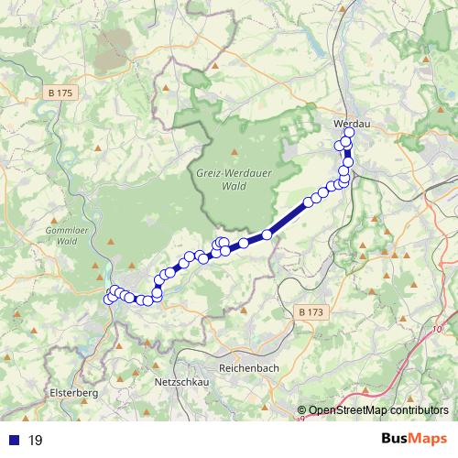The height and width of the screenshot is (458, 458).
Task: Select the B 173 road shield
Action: pos(311,312)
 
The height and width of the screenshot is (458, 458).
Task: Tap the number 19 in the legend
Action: pos(36,441)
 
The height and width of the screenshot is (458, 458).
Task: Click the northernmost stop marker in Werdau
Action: pos(349,133)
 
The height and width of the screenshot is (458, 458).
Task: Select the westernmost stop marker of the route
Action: pos(108,299)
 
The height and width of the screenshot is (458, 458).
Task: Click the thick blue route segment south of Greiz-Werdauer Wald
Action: pos(288,220)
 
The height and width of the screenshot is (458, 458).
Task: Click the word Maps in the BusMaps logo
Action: pos(427,440)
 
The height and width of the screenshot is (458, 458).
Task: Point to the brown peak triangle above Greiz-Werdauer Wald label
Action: pos(235,151)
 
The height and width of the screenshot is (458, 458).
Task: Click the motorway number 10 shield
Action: pos(437,329)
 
